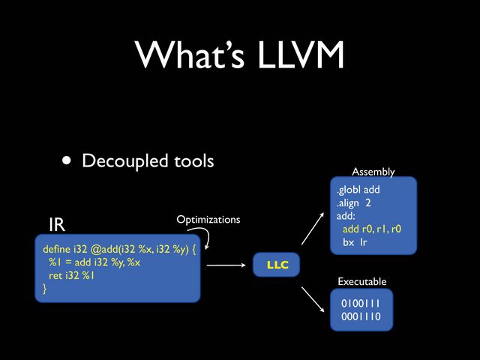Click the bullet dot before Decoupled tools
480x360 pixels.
click(68, 160)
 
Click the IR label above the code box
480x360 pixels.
click(56, 224)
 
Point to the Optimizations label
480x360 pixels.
click(208, 220)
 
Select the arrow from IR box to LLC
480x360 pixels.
click(226, 265)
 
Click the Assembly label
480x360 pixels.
click(373, 172)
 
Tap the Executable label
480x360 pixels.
click(362, 281)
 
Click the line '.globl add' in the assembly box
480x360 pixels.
click(358, 190)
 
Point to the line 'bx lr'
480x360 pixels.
click(355, 242)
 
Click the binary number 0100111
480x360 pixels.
click(361, 304)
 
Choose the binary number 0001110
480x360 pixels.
click(361, 317)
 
